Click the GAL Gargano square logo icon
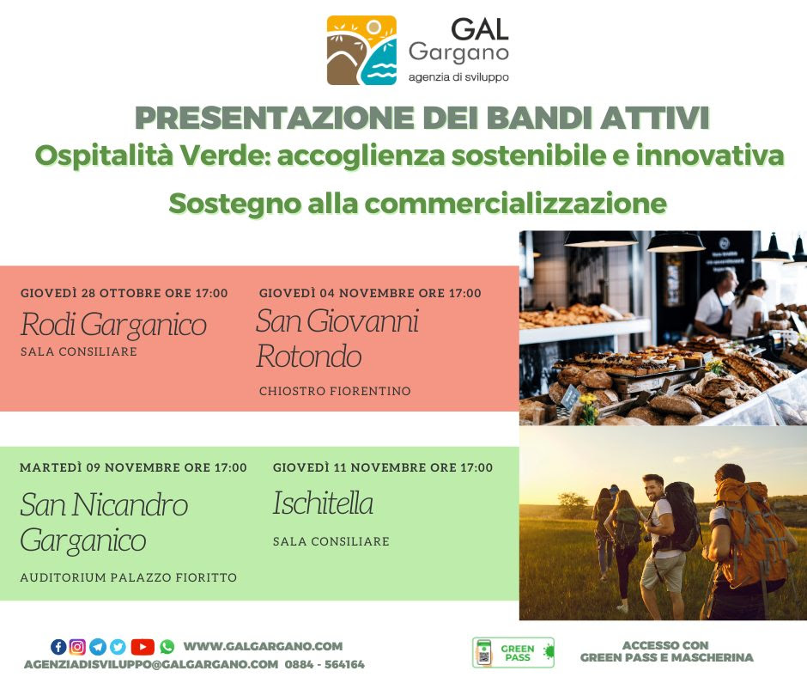coord(361,50)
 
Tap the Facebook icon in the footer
coord(58,647)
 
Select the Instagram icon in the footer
coord(77,647)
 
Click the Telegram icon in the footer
coord(98,647)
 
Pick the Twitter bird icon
coord(118,647)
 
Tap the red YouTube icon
coord(143,647)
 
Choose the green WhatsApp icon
coord(167,647)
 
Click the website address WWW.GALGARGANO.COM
coord(263,646)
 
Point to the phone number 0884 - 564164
coord(325,664)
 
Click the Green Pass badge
coord(513,653)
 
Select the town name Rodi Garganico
coord(113,325)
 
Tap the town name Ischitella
coord(323,503)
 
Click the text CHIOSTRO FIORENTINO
coord(335,391)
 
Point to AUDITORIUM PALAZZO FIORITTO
coord(129,577)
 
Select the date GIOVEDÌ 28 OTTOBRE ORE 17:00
coord(124,293)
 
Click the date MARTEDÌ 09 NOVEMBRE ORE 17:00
coord(133,468)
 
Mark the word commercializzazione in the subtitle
coord(516,203)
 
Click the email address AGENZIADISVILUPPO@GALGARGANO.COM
coord(151,664)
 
